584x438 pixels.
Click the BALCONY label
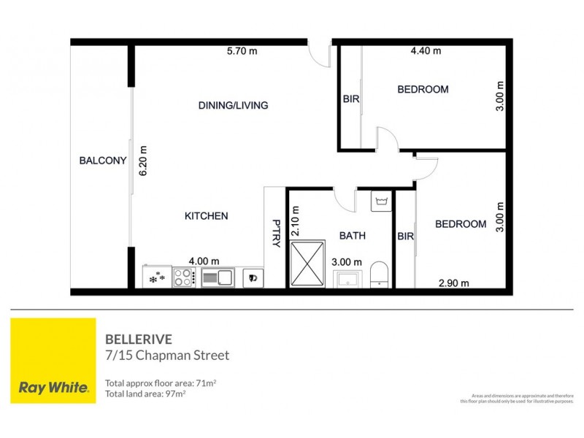tap(103, 161)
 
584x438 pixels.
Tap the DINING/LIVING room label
tap(233, 105)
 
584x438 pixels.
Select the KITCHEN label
tap(206, 216)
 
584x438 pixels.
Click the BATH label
tap(353, 236)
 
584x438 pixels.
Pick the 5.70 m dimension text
tap(242, 51)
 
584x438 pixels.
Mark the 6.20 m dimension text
tap(144, 159)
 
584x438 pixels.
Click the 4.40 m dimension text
tap(426, 51)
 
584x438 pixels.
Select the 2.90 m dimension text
tap(453, 283)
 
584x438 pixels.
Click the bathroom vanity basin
tap(346, 278)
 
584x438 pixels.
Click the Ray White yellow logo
tap(52, 361)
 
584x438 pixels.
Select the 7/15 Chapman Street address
tap(167, 356)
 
